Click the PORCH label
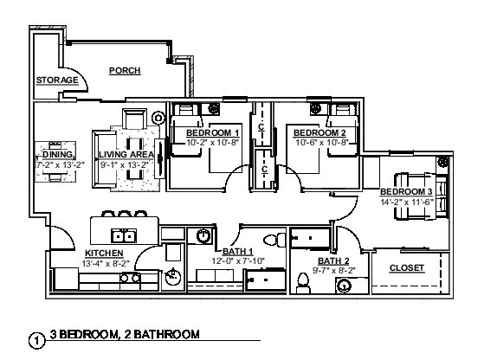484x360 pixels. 125,71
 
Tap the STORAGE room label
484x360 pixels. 57,80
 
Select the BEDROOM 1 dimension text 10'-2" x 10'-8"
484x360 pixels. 213,143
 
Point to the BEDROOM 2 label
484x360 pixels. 319,132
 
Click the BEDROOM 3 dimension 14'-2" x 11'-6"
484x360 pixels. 407,202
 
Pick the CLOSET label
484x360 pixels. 407,267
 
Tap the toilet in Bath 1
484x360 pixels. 274,240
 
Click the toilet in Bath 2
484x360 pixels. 303,283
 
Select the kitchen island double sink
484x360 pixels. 124,236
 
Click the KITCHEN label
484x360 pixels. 104,253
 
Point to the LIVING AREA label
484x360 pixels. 126,154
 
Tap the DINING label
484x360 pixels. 58,154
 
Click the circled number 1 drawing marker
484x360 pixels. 36,341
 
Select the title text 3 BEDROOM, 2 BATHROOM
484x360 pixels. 125,334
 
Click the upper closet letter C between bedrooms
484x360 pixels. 261,127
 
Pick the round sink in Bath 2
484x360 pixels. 344,286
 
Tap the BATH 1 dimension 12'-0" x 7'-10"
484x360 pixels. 238,261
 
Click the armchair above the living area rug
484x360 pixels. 134,119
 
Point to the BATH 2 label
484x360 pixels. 333,261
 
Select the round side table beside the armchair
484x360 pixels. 158,118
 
